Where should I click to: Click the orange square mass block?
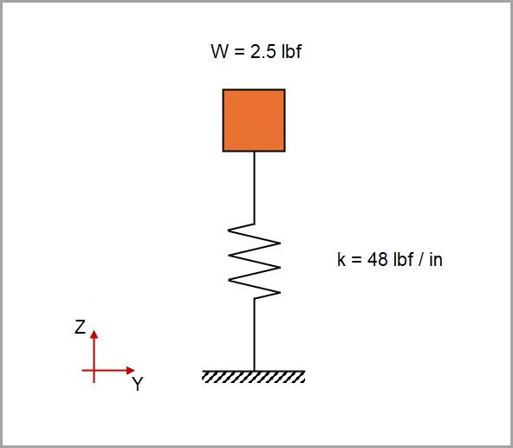click(254, 120)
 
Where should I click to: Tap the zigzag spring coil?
click(254, 260)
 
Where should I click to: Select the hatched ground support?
click(254, 377)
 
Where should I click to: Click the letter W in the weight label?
click(219, 52)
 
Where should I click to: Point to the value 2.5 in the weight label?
click(262, 52)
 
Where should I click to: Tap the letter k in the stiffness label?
click(341, 259)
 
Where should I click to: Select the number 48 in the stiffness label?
click(377, 259)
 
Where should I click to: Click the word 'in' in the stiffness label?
click(436, 259)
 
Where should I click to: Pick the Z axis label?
click(80, 328)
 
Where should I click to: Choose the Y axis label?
click(137, 385)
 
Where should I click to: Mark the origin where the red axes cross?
click(95, 371)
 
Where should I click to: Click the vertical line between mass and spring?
click(254, 186)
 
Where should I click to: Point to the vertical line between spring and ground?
click(254, 334)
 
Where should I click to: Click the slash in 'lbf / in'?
click(422, 259)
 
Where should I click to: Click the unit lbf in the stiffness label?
click(402, 259)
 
